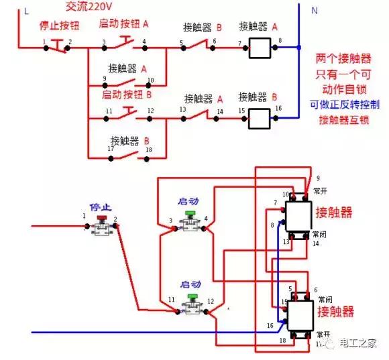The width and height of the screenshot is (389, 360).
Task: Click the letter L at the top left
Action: pos(26,11)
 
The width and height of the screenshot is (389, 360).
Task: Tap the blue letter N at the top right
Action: pos(315,11)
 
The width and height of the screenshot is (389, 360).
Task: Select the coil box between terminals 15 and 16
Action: pos(260,119)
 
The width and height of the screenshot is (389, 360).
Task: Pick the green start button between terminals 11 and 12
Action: pos(192,297)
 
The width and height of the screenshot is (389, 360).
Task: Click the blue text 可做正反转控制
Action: pos(345,105)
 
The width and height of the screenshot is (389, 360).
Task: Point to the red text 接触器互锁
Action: pos(345,121)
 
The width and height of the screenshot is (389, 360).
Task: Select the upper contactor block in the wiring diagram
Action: pos(296,215)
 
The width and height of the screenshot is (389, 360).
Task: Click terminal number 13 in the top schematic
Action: pos(182,109)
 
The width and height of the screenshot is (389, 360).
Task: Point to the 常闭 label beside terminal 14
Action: pos(320,234)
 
